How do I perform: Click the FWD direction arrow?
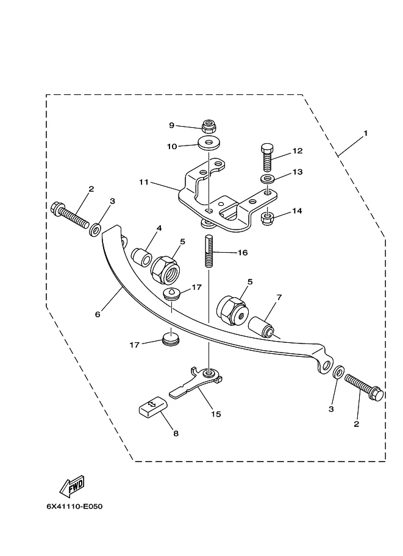click(73, 485)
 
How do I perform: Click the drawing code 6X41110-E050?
click(74, 506)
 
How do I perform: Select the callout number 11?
click(143, 182)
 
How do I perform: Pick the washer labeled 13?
click(268, 179)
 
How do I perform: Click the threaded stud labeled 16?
click(209, 252)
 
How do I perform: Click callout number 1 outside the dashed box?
click(365, 133)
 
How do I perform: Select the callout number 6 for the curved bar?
click(98, 314)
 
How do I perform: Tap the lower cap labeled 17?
click(171, 340)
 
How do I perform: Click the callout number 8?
click(176, 434)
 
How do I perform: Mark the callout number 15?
click(216, 414)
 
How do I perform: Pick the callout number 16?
click(243, 253)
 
